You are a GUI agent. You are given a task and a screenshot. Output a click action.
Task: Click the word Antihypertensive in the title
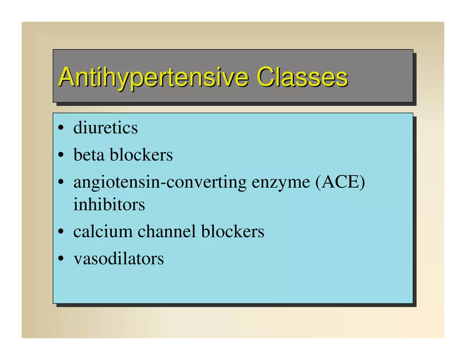point(154,78)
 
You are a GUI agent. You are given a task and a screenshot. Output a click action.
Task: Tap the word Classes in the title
point(302,77)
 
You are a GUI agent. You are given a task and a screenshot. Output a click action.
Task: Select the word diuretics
point(105,128)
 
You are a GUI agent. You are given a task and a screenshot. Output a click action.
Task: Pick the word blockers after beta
point(141,155)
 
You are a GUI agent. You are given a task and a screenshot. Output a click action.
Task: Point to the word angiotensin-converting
point(160,183)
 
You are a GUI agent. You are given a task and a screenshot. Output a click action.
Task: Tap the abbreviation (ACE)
point(340,182)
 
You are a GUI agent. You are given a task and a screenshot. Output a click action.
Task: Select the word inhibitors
point(109,204)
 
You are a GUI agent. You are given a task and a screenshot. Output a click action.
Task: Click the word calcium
point(103,231)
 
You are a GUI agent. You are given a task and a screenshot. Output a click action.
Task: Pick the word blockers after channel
point(232,231)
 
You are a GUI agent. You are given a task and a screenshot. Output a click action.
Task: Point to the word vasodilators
point(119,258)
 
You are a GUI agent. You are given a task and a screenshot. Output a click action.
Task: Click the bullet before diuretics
point(61,128)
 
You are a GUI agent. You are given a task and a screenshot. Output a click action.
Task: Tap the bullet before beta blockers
point(61,155)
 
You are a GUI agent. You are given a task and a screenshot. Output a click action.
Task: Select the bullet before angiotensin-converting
point(61,182)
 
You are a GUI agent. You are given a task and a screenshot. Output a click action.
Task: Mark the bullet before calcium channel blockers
point(61,231)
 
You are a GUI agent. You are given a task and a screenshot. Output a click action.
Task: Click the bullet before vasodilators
point(61,258)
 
